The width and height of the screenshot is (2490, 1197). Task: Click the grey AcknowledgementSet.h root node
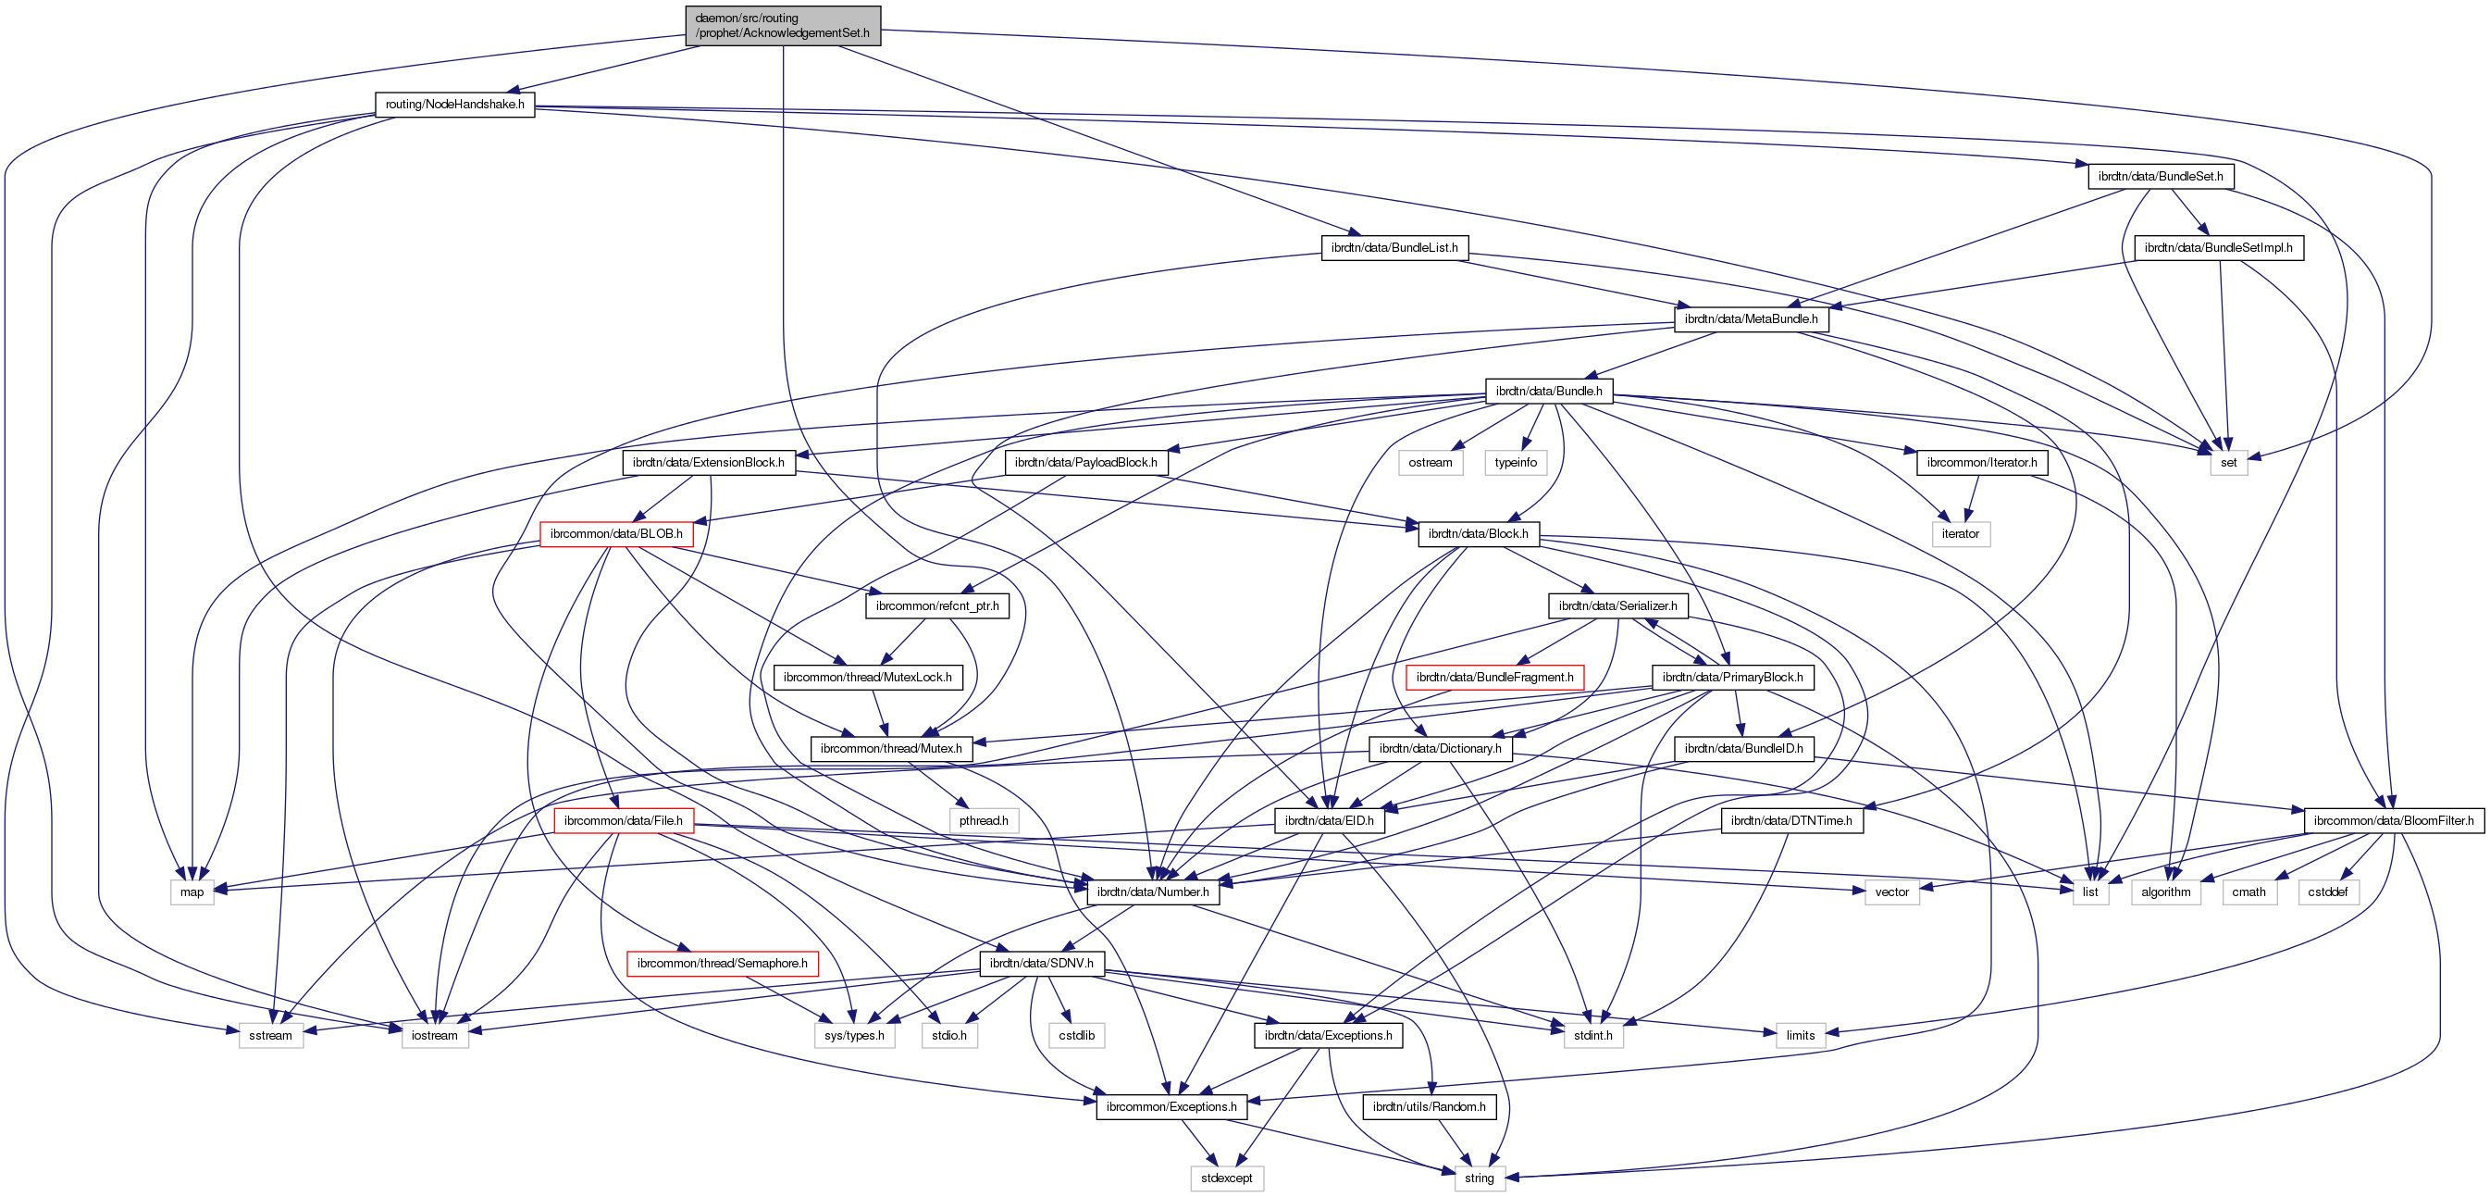tap(782, 26)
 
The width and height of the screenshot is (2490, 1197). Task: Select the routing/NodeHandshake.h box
tap(454, 105)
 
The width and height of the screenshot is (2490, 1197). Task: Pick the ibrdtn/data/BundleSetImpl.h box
tap(2218, 247)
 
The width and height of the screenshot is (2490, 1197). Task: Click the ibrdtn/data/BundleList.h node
tap(1394, 247)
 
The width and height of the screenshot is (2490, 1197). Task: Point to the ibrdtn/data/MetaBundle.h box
tap(1751, 319)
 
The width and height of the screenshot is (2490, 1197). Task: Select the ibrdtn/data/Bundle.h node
tap(1549, 391)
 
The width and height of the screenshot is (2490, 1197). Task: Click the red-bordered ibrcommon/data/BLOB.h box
tap(615, 534)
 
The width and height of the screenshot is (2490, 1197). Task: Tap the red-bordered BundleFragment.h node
tap(1494, 677)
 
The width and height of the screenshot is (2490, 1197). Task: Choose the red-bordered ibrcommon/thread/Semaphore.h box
tap(722, 963)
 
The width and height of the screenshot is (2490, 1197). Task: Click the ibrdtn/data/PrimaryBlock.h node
tap(1732, 677)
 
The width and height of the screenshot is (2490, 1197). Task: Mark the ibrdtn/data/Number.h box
tap(1152, 892)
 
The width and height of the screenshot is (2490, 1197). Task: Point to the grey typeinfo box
tap(1516, 462)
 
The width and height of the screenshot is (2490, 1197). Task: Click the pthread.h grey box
tap(983, 820)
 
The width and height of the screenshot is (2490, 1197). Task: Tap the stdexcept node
tap(1227, 1178)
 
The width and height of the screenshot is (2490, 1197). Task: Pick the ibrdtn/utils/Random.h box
tap(1429, 1106)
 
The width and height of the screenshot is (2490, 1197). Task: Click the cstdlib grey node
tap(1077, 1035)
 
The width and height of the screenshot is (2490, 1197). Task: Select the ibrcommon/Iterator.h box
tap(1982, 462)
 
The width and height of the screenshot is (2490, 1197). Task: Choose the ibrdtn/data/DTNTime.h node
tap(1791, 820)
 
